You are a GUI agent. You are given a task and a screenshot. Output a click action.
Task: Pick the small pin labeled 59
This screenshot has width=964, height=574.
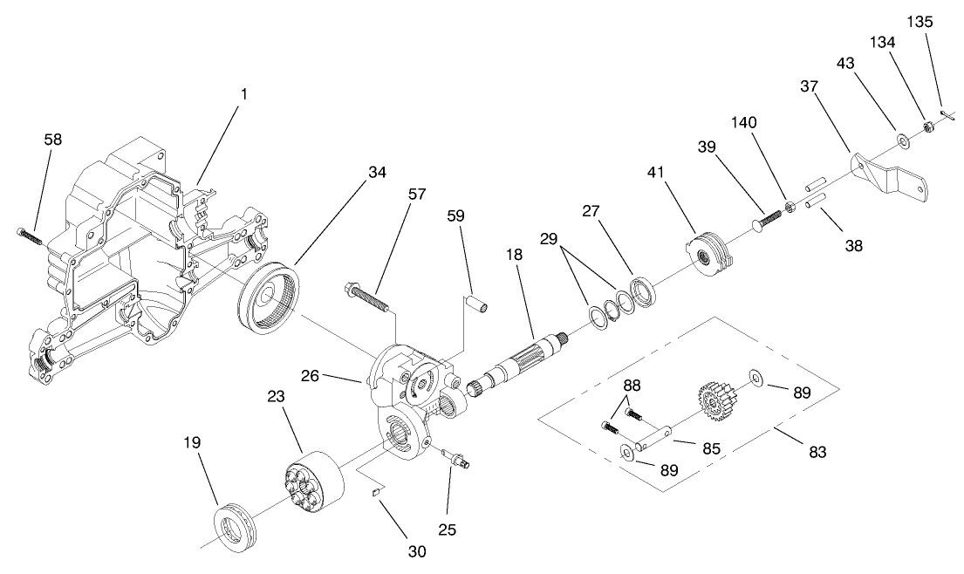[478, 303]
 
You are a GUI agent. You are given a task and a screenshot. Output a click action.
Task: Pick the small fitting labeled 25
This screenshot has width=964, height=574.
[457, 459]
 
